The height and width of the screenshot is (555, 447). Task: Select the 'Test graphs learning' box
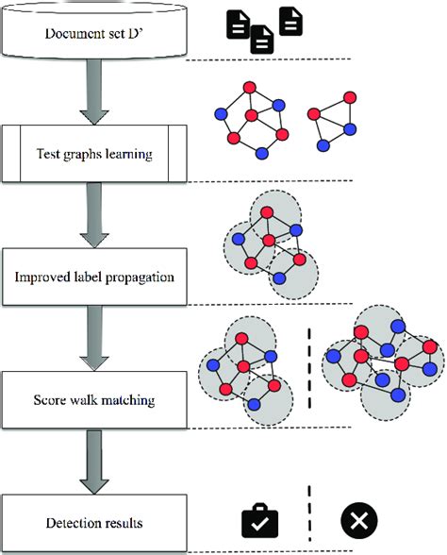[92, 153]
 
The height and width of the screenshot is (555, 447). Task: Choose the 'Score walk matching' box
[92, 399]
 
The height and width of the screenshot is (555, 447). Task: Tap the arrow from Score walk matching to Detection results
[92, 461]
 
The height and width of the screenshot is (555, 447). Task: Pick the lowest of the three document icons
[261, 40]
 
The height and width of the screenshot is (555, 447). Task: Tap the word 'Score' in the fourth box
[53, 399]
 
